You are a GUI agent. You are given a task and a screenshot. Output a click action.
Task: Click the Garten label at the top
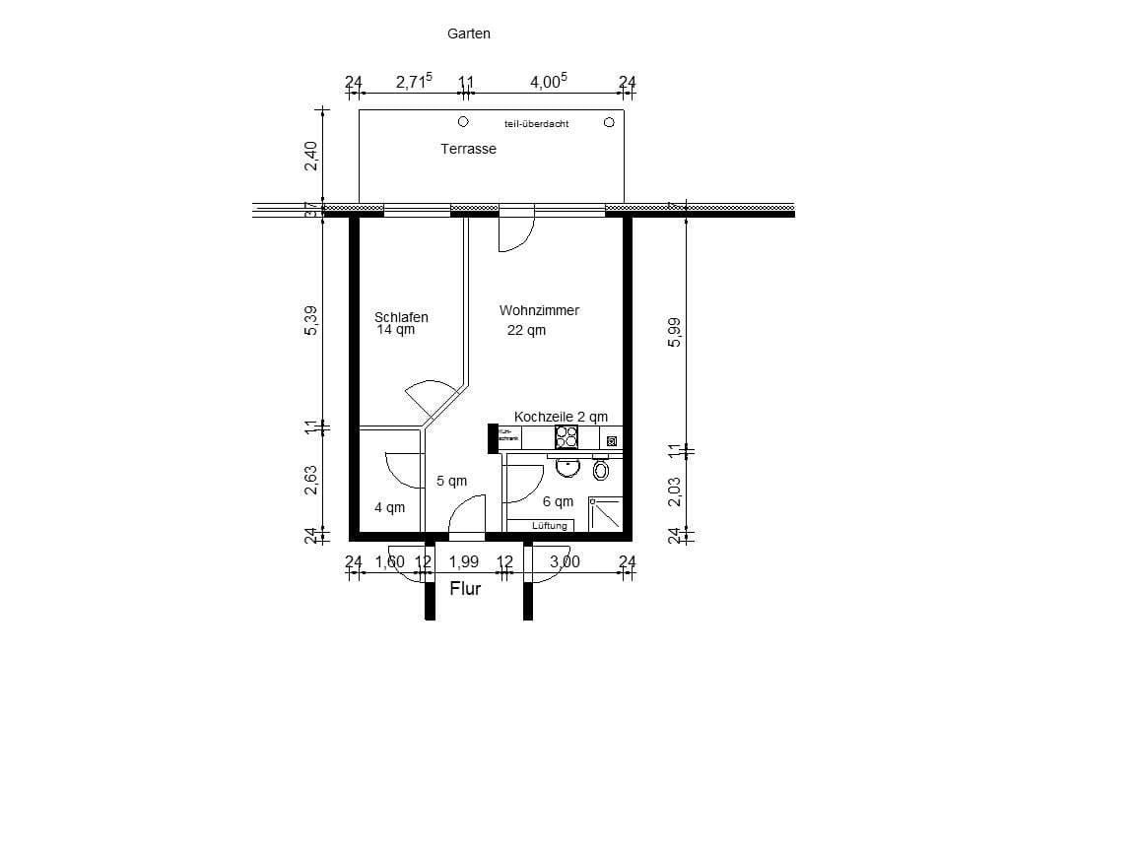[x=468, y=33]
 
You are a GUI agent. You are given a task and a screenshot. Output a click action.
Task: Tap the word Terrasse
[x=468, y=149]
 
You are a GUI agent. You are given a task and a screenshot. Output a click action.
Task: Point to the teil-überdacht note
[x=536, y=124]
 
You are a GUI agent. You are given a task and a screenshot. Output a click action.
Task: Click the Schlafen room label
[x=401, y=317]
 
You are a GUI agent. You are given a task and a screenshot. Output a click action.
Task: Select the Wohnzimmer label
[x=539, y=310]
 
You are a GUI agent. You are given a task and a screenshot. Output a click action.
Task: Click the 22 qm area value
[x=526, y=331]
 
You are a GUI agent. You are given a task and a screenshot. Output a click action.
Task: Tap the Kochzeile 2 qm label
[x=561, y=417]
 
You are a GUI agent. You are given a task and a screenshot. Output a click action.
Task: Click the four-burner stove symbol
[x=567, y=437]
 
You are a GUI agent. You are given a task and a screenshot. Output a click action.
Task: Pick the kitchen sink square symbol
[x=612, y=442]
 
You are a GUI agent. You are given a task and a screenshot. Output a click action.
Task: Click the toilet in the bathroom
[x=601, y=471]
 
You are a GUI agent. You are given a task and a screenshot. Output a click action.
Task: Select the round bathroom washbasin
[x=567, y=467]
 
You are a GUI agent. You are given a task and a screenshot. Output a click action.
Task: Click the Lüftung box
[x=550, y=526]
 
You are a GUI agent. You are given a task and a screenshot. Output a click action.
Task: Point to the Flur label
[x=465, y=589]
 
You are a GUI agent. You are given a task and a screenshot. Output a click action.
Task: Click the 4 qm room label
[x=389, y=508]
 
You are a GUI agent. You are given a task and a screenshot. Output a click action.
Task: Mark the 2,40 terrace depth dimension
[x=311, y=157]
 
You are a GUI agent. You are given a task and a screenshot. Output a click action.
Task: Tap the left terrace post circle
[x=462, y=122]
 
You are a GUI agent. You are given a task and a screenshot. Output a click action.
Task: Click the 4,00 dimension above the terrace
[x=549, y=83]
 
